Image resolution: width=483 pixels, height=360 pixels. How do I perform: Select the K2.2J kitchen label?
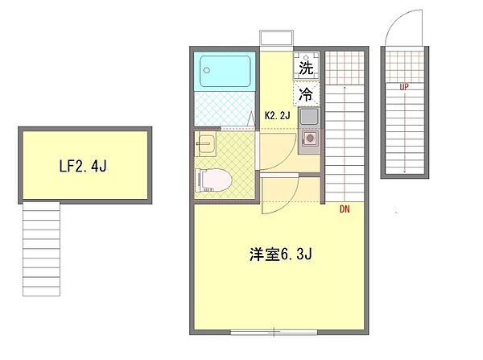pos(278,115)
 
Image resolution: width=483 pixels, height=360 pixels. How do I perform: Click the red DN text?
pos(345,210)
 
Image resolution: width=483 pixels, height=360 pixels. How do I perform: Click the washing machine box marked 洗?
pos(306,68)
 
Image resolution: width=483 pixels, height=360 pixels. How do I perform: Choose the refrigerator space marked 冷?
pos(306,94)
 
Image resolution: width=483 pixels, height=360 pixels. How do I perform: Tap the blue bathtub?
pos(225,72)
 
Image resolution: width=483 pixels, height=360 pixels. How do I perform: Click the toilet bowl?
pos(215,179)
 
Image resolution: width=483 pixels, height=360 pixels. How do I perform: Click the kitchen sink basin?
pos(308,118)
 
